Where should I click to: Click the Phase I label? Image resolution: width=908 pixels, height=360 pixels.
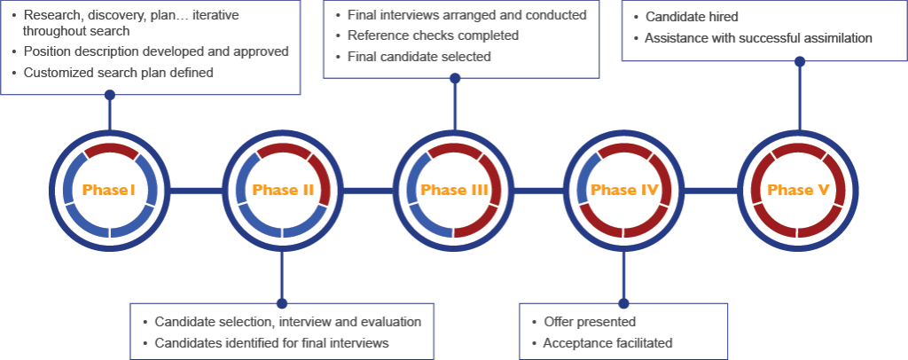click(109, 191)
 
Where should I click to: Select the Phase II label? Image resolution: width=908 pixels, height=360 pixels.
click(283, 191)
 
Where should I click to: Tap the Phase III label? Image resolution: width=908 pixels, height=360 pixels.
click(454, 191)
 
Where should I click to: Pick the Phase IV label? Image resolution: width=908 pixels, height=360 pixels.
click(625, 191)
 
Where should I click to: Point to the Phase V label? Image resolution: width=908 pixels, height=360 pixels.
click(798, 191)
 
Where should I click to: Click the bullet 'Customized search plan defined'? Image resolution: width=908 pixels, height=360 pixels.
click(118, 73)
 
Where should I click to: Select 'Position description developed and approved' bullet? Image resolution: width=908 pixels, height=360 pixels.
click(156, 51)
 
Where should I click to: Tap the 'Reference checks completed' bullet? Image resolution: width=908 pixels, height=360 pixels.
click(433, 35)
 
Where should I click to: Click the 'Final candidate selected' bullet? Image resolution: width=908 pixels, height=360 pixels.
click(419, 57)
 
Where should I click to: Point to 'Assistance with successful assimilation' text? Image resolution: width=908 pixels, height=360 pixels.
click(758, 38)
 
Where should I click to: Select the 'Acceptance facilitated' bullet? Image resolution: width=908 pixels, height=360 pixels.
click(607, 343)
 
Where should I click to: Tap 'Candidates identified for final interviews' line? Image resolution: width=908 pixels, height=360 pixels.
click(271, 343)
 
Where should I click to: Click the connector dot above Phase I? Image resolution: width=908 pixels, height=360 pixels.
click(109, 94)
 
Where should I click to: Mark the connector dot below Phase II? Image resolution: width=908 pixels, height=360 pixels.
click(282, 303)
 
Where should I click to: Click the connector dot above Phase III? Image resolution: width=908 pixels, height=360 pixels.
click(455, 78)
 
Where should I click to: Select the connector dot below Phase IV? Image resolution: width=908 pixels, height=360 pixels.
click(623, 302)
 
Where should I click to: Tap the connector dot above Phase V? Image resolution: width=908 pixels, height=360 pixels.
click(800, 62)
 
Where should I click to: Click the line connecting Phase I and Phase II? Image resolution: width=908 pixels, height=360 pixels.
click(195, 191)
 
